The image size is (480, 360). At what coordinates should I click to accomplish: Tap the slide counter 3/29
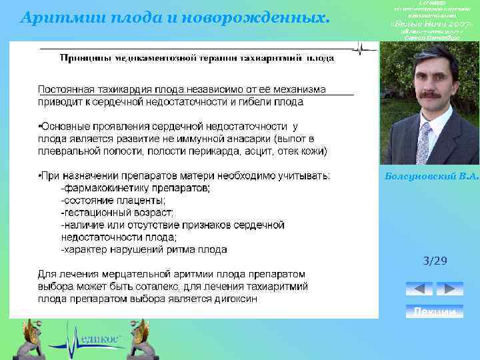pyautogui.click(x=435, y=261)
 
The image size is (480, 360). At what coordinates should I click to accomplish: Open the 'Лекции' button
pyautogui.click(x=435, y=312)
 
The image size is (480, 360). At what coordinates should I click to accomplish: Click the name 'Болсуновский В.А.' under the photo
pyautogui.click(x=432, y=176)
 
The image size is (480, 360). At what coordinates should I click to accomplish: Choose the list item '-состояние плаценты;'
pyautogui.click(x=113, y=201)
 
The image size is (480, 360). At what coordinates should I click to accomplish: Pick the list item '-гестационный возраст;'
pyautogui.click(x=118, y=213)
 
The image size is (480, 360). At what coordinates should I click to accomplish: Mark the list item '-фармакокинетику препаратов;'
pyautogui.click(x=135, y=189)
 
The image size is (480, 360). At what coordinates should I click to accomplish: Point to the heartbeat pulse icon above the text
pyautogui.click(x=361, y=49)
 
